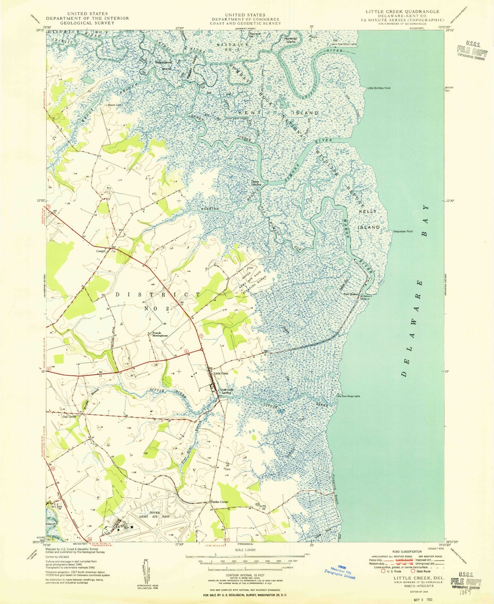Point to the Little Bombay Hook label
[x=379, y=88]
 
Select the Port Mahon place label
[x=350, y=294]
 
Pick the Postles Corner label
[x=219, y=502]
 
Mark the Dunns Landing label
[x=256, y=183]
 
